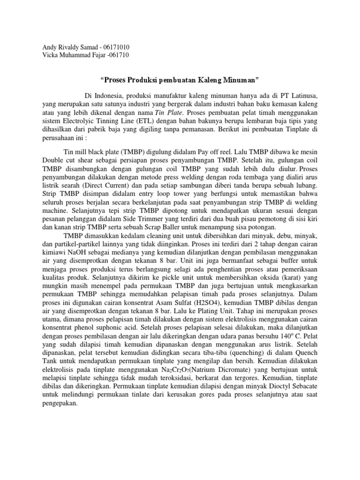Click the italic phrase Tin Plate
(169, 113)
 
